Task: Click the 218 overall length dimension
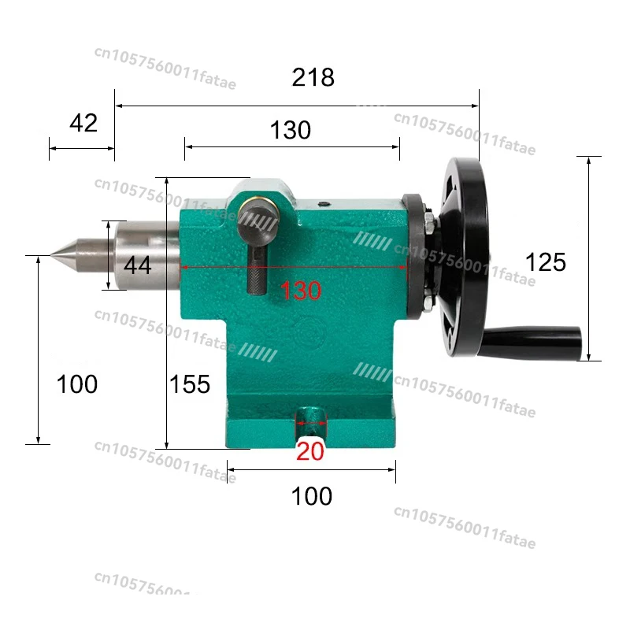(x=313, y=78)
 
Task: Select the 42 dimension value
(x=83, y=123)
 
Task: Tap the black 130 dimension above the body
(x=291, y=130)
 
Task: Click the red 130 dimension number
(x=301, y=291)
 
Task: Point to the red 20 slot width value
(x=310, y=450)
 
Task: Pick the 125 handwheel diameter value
(x=546, y=261)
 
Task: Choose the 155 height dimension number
(x=191, y=384)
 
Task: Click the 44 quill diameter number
(x=137, y=265)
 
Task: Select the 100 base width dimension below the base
(x=312, y=496)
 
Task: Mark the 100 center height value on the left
(x=77, y=384)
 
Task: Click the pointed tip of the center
(x=53, y=255)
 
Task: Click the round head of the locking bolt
(x=259, y=224)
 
